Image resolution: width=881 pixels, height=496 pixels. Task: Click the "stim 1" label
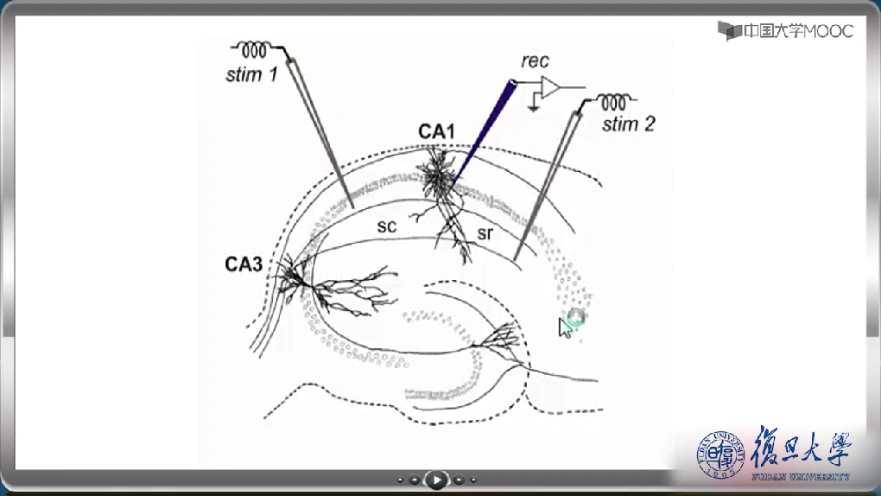click(251, 74)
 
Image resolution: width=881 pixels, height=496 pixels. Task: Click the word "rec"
click(535, 61)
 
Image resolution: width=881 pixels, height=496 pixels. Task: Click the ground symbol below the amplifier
click(536, 106)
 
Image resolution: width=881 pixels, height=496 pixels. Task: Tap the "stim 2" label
click(628, 124)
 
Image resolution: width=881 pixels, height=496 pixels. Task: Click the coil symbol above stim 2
click(613, 101)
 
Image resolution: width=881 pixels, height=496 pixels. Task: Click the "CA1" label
click(437, 131)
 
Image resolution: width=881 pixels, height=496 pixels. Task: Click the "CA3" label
click(244, 264)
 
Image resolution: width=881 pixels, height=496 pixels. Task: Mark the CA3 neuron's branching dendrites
click(345, 289)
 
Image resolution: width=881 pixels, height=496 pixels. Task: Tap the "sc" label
click(386, 226)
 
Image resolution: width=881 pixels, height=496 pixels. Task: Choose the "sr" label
click(485, 232)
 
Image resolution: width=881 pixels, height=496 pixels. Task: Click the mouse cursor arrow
click(565, 327)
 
